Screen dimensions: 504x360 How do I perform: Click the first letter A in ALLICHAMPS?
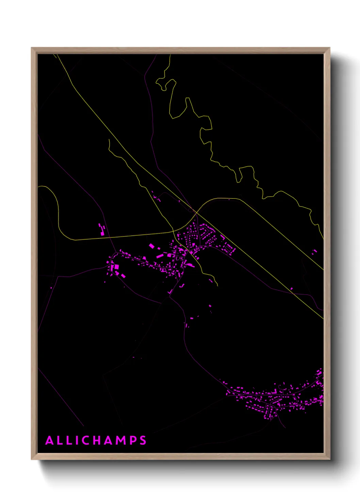click(49, 440)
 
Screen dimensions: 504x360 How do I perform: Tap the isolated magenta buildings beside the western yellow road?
click(102, 230)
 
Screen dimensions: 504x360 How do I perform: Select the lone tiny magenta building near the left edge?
click(51, 288)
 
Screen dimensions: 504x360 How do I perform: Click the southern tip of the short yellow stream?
click(217, 285)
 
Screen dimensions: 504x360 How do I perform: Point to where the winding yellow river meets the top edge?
click(169, 54)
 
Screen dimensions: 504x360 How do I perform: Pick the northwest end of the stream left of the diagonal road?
click(109, 139)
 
